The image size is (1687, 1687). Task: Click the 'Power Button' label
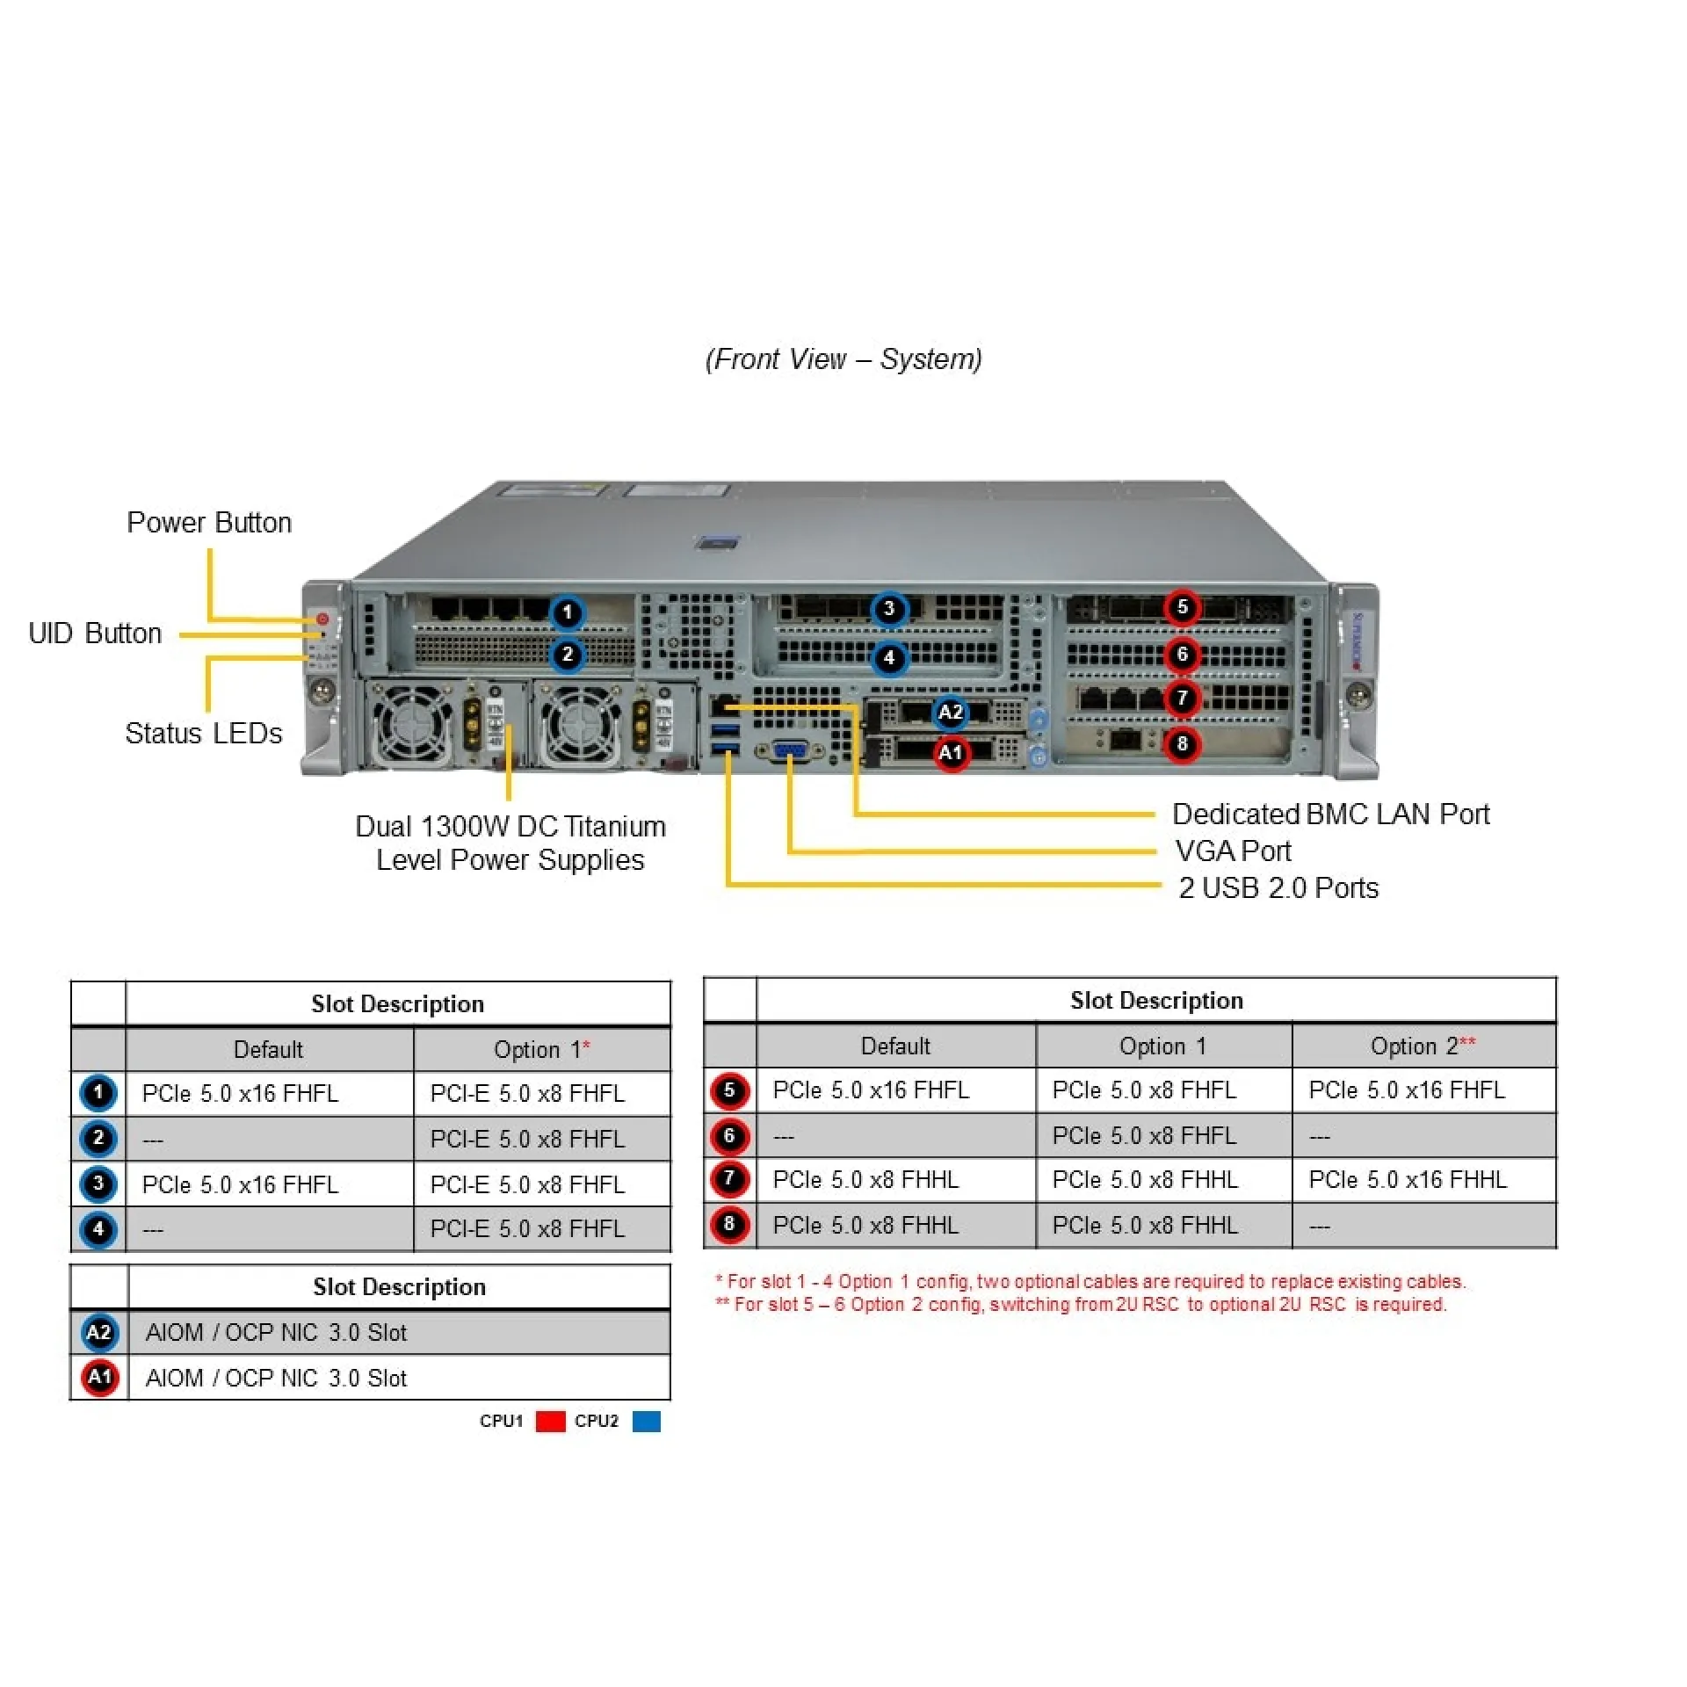[x=208, y=522]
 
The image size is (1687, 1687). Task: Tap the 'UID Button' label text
[x=95, y=633]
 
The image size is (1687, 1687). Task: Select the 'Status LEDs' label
[x=203, y=733]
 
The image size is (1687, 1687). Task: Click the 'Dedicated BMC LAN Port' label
[x=1330, y=814]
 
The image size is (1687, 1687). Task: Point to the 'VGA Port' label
[x=1233, y=851]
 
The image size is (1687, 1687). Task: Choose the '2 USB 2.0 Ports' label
[x=1278, y=887]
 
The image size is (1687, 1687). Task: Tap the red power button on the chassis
[x=322, y=619]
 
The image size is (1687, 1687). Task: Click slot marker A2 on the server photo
[x=951, y=711]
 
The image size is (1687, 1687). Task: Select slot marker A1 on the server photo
[x=951, y=753]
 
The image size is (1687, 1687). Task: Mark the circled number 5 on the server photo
[x=1182, y=606]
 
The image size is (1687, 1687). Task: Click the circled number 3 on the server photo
[x=888, y=608]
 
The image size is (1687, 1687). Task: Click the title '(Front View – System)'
[x=843, y=358]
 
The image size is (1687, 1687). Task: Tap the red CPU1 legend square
[x=550, y=1421]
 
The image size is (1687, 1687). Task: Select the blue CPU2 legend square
[x=646, y=1421]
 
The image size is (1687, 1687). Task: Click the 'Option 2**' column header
[x=1423, y=1046]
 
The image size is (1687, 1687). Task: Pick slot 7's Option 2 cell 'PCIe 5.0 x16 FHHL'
[x=1407, y=1179]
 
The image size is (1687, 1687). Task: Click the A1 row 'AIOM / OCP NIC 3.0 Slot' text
[x=276, y=1378]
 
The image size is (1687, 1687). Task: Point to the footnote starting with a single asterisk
[x=1090, y=1281]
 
